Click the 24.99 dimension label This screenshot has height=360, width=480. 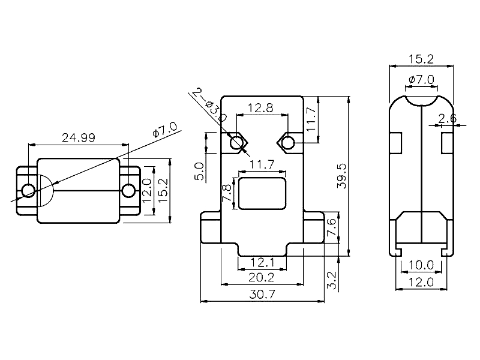(79, 137)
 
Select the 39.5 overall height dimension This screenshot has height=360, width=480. (341, 177)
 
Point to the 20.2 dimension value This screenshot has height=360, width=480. (262, 277)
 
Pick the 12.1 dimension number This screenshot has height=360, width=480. (262, 262)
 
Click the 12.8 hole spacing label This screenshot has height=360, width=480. (260, 109)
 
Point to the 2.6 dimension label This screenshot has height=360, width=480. (447, 119)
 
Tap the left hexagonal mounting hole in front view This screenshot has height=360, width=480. (238, 142)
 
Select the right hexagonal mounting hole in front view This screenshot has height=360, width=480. (287, 142)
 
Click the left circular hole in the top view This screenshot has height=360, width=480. (28, 191)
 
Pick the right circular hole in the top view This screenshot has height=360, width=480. (128, 191)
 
